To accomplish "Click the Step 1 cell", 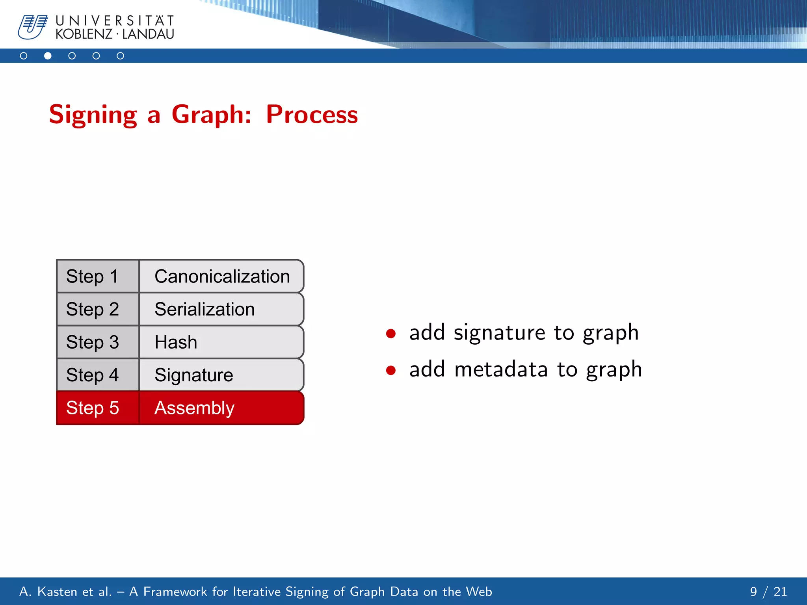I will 98,276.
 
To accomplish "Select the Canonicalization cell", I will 222,276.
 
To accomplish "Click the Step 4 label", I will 92,375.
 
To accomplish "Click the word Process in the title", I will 312,115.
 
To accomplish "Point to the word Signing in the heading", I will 93,115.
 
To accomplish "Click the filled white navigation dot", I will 48,56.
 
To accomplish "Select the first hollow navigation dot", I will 24,56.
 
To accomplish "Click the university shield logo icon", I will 33,27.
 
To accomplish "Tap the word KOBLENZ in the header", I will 84,34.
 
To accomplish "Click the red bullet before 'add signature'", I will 391,334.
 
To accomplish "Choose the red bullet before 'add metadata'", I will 391,370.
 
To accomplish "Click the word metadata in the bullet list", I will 501,369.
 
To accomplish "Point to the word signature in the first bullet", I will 499,333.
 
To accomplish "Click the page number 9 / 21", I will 768,592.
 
